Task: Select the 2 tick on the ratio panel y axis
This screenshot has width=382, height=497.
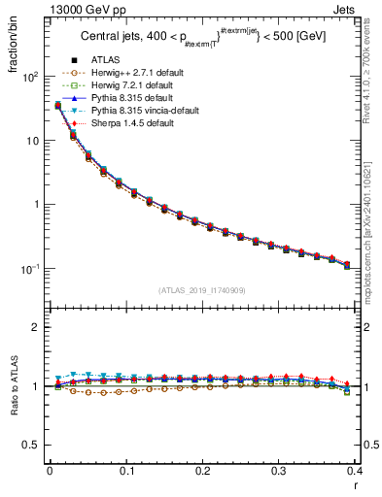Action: pyautogui.click(x=37, y=327)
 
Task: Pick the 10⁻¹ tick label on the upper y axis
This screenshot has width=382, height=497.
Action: pyautogui.click(x=29, y=269)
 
